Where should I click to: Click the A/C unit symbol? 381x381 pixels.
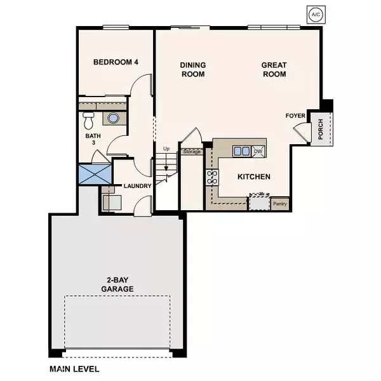[x=316, y=14]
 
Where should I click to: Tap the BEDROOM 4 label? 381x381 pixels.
[x=116, y=62]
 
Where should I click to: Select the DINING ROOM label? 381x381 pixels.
[x=192, y=70]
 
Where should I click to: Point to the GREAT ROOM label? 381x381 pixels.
[x=274, y=70]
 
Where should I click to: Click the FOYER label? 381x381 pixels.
[x=296, y=116]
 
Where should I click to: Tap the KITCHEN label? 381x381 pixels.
[x=254, y=177]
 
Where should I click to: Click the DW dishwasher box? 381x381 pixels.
[x=258, y=151]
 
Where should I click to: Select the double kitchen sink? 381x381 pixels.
[x=241, y=151]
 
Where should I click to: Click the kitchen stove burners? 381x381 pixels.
[x=211, y=177]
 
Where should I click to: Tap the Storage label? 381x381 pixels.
[x=192, y=152]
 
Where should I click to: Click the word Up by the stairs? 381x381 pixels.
[x=167, y=149]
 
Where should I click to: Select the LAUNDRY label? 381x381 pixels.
[x=137, y=186]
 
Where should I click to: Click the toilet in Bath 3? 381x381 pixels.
[x=89, y=119]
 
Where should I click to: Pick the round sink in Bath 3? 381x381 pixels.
[x=113, y=118]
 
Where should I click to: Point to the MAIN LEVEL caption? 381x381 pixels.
[x=74, y=368]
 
